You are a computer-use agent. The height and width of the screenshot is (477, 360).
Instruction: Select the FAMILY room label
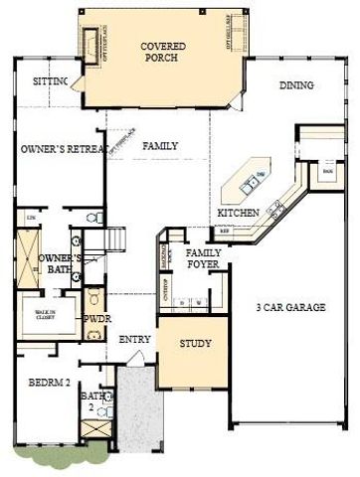(161, 146)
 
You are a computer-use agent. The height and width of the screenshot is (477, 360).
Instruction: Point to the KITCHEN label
(239, 214)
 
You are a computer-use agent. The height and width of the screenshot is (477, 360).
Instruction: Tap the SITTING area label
(50, 81)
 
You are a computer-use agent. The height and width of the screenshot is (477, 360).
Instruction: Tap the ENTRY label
(134, 340)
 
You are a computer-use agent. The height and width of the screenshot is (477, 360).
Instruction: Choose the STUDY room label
(195, 345)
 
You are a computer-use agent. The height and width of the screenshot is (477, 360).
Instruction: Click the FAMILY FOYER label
(205, 259)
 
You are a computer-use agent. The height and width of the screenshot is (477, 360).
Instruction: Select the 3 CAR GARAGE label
(291, 308)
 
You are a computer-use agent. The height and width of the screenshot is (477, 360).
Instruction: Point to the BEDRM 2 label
(46, 383)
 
